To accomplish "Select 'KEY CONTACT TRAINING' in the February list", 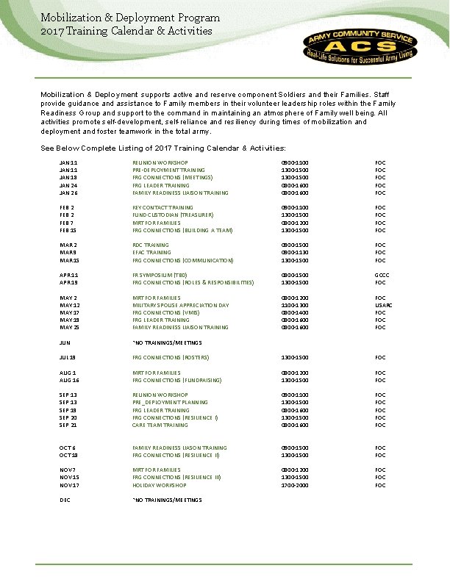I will (x=161, y=207).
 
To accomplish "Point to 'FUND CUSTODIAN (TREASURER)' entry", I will (x=173, y=215).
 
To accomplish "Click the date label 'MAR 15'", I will (x=69, y=260).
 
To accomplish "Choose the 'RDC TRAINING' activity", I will (x=150, y=245).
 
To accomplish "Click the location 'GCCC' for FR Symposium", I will (x=380, y=275).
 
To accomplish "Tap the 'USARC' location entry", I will (x=380, y=305).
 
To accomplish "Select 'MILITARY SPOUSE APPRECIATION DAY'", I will (x=180, y=305).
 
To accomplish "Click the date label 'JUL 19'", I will (x=68, y=357).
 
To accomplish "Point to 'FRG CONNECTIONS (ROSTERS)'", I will (x=171, y=357).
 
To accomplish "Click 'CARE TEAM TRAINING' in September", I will (x=160, y=425).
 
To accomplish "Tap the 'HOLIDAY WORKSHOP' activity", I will (x=160, y=485).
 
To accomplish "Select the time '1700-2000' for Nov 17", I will (x=295, y=485).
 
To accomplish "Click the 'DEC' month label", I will (x=65, y=500).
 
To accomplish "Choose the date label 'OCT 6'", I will (x=68, y=448).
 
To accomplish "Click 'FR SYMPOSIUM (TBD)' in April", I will (x=158, y=275).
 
